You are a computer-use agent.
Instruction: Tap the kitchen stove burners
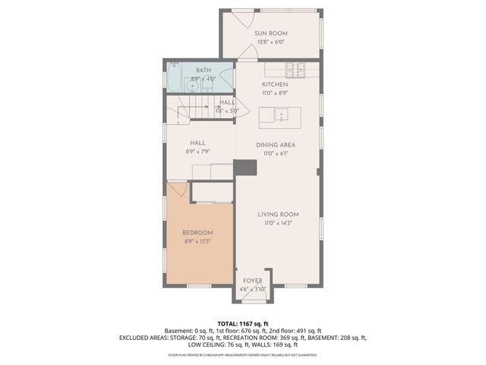[300, 71]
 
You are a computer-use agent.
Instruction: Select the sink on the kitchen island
[279, 116]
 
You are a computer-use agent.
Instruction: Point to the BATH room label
[204, 71]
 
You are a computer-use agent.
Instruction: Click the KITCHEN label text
[275, 84]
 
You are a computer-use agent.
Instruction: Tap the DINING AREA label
[275, 144]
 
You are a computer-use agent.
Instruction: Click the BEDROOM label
[197, 233]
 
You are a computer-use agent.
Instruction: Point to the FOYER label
[252, 281]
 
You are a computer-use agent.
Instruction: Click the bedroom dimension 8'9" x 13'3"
[197, 241]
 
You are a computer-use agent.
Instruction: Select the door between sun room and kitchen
[247, 56]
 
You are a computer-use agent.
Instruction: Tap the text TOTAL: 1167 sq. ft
[242, 323]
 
